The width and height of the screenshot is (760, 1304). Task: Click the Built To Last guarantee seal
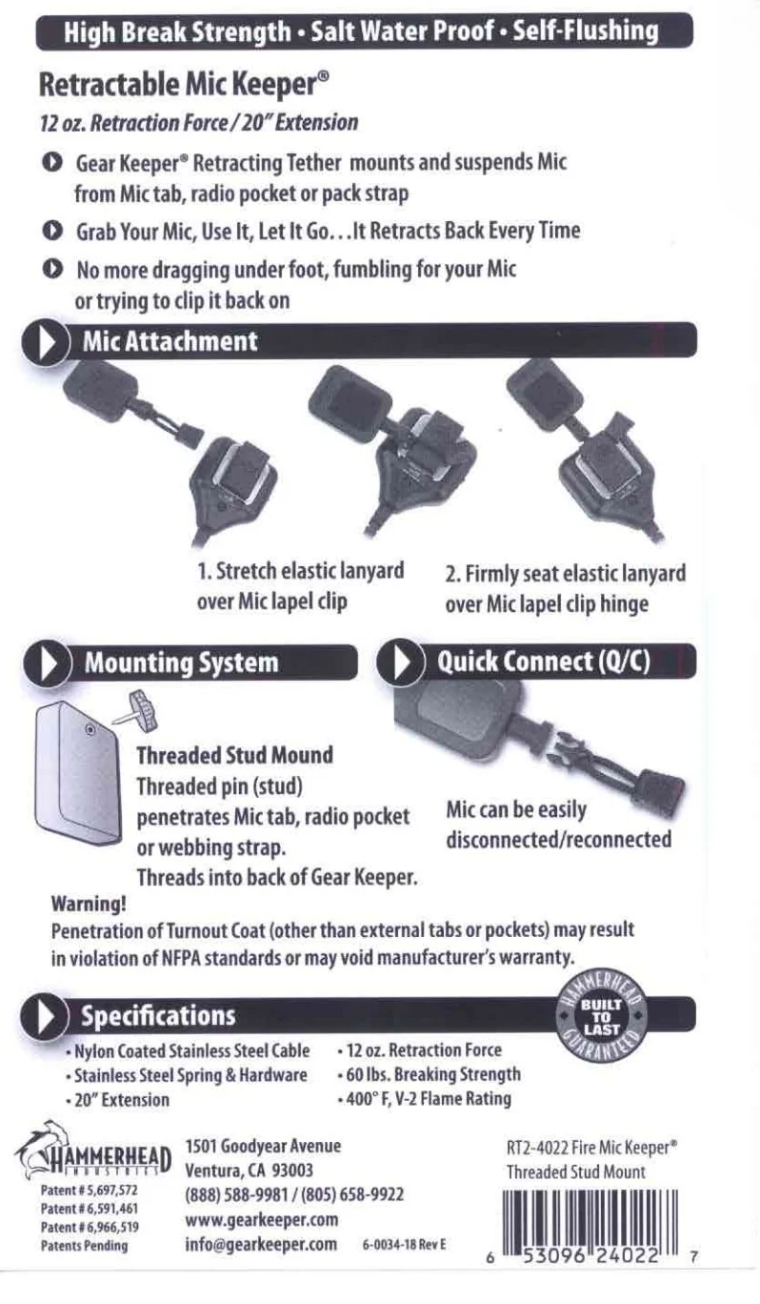tap(601, 1017)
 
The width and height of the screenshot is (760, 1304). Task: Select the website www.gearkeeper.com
tap(262, 1219)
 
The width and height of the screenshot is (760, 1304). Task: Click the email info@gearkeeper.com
tap(261, 1244)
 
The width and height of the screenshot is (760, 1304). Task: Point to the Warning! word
tap(89, 904)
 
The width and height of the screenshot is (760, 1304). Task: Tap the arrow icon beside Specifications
tap(44, 1016)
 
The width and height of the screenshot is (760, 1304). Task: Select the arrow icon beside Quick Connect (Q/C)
tap(400, 662)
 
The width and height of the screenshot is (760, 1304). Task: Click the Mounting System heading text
tap(181, 663)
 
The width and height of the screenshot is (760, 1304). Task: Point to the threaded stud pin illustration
tap(138, 711)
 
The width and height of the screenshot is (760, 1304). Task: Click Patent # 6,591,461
tap(90, 1209)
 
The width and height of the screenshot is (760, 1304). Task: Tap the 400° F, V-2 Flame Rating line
tap(425, 1099)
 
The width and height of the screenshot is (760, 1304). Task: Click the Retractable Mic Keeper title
tap(184, 85)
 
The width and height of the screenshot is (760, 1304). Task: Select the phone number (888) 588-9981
tap(236, 1194)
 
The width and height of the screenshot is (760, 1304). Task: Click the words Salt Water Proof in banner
tap(403, 31)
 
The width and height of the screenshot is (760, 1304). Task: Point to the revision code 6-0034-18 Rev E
tap(404, 1245)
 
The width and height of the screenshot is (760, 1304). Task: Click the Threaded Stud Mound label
tap(235, 756)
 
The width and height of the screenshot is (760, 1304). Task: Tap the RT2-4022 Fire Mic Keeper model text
tap(592, 1148)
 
